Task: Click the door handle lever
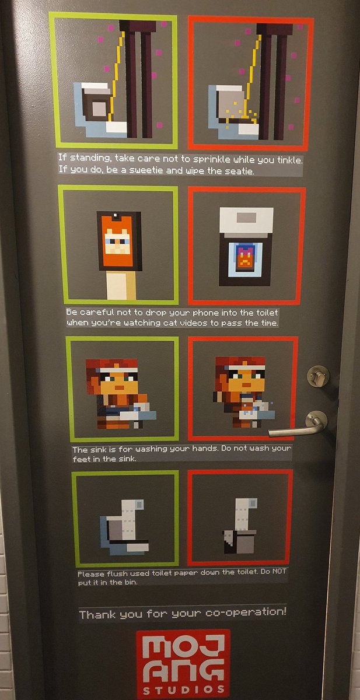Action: [x=298, y=430]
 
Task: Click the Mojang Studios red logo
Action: [x=183, y=663]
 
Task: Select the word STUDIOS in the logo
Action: [x=183, y=689]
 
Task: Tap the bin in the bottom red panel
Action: [x=239, y=541]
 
